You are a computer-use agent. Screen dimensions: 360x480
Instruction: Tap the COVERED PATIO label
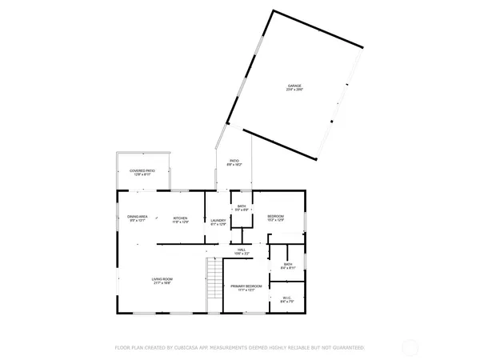coord(142,170)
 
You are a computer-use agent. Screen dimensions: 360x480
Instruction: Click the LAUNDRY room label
coord(218,222)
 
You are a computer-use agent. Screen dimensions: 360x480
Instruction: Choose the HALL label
coord(240,250)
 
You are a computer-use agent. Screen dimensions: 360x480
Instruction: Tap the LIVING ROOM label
coord(162,279)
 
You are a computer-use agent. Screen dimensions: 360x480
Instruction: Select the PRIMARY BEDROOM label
coord(246,286)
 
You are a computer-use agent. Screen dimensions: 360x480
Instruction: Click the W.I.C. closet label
coord(287,298)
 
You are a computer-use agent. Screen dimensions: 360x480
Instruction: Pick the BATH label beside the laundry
coord(242,206)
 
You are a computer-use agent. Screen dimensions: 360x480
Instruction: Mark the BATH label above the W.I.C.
coord(288,264)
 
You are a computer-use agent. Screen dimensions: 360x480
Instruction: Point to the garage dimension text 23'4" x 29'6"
coord(295,90)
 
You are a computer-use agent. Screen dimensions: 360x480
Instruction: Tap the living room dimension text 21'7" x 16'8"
coord(162,283)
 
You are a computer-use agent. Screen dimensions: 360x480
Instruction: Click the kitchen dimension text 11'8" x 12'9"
coord(181,222)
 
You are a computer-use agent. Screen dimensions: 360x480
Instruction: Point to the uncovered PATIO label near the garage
coord(235,161)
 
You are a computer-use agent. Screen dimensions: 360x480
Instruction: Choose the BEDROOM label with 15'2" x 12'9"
coord(276,217)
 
